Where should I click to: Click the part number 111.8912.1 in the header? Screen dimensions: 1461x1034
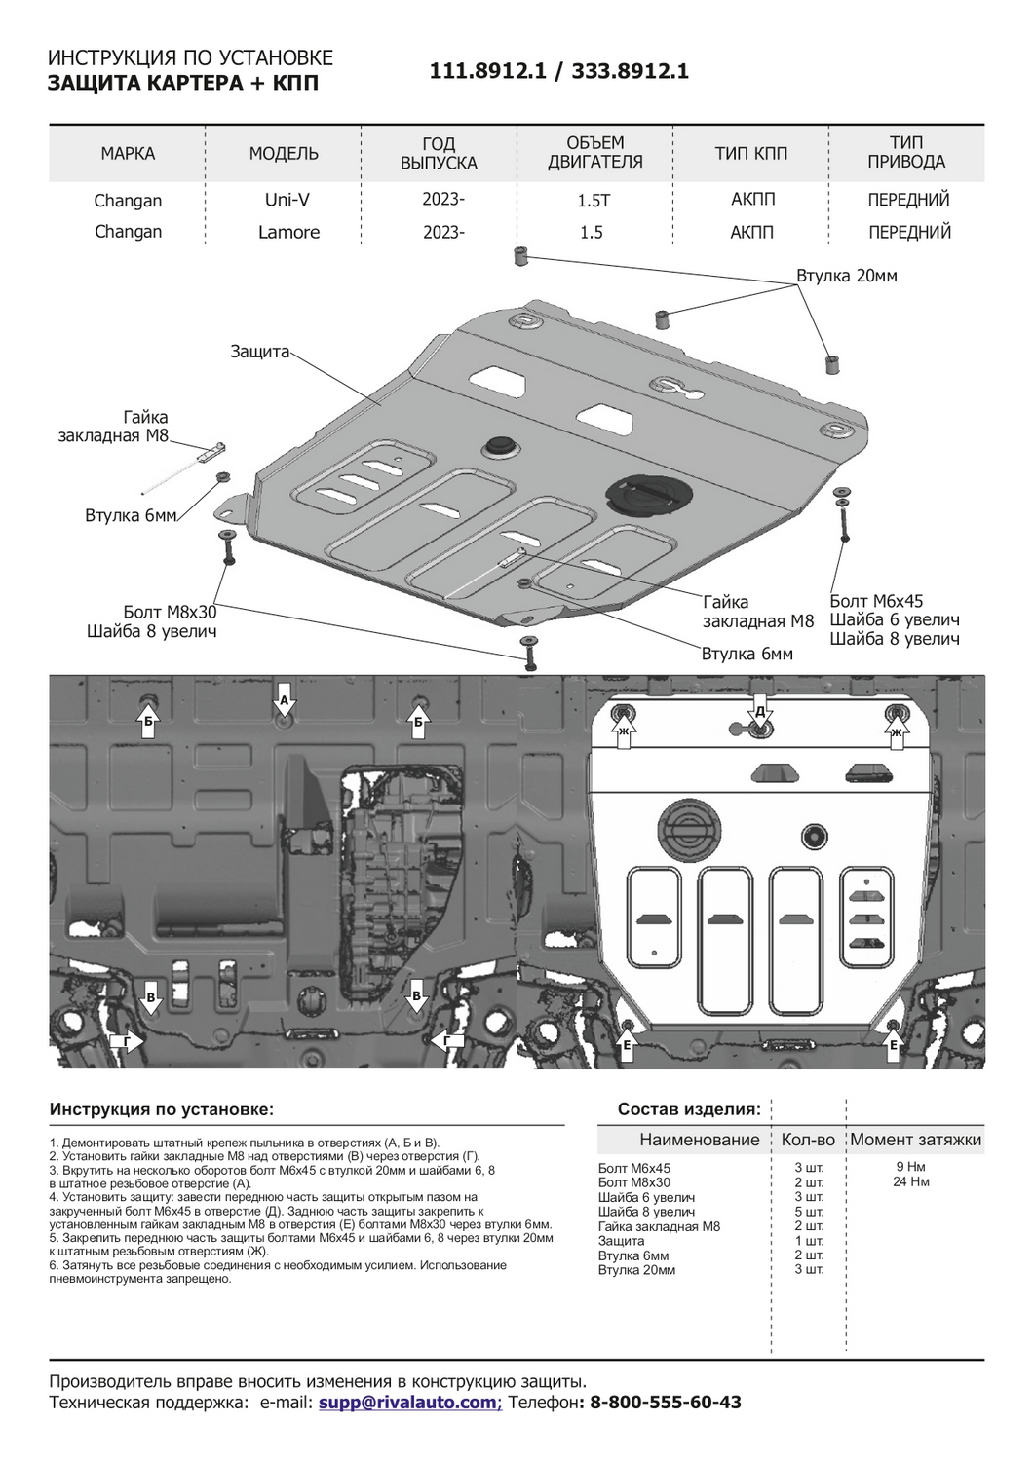487,71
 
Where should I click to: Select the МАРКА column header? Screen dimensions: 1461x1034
128,154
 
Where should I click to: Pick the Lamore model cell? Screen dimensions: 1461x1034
288,232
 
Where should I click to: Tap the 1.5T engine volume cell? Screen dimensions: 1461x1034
594,201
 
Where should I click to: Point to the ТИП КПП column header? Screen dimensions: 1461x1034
750,154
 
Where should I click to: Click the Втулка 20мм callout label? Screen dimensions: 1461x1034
846,276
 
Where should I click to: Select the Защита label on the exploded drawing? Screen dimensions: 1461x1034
259,352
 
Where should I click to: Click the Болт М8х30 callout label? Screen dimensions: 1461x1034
170,612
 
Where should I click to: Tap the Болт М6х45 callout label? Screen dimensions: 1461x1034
876,601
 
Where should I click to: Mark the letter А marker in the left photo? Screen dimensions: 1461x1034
284,700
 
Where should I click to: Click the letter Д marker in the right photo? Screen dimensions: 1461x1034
760,711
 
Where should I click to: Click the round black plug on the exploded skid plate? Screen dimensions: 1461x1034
499,445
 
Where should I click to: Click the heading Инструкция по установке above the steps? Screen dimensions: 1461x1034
162,1109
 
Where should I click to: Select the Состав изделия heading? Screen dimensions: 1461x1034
689,1109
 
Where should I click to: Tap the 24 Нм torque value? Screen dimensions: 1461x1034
910,1182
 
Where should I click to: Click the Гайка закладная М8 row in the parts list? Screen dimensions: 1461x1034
659,1226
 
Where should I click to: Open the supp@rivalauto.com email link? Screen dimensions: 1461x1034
407,1403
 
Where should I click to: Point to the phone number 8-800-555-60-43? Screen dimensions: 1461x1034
666,1403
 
